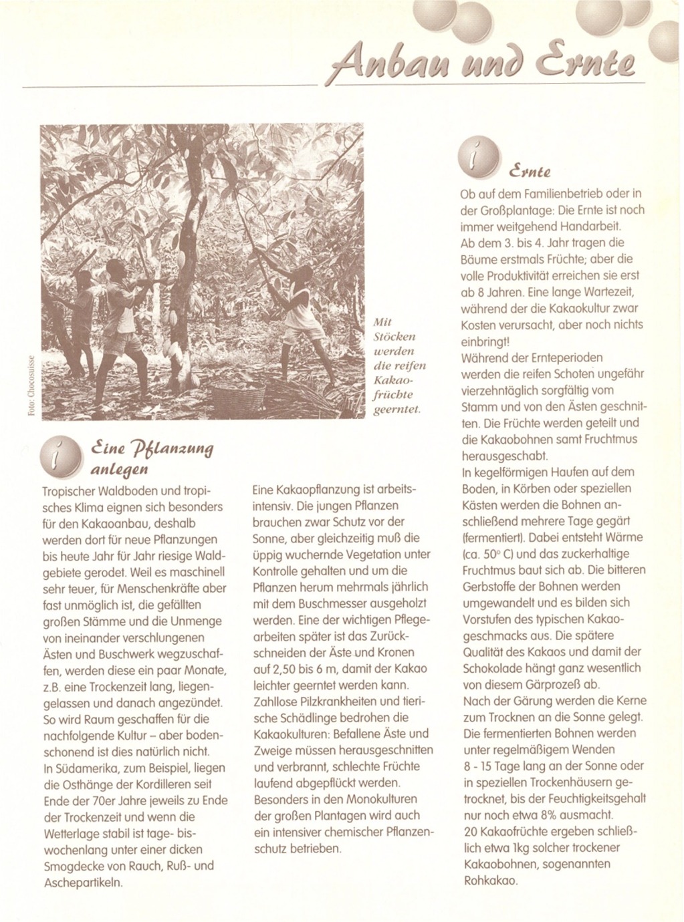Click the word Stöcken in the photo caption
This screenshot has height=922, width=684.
click(394, 337)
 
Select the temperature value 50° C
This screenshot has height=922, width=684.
click(492, 554)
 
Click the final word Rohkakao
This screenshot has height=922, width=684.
click(490, 881)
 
